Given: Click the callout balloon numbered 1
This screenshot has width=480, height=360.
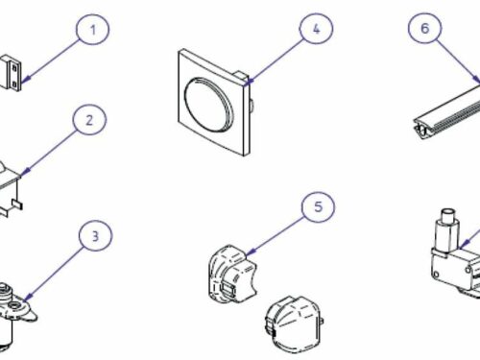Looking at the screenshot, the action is pos(93,30).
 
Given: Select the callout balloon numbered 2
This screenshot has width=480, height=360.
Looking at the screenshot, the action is pos(89,120).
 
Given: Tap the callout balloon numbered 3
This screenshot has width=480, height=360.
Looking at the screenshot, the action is pos(96,236).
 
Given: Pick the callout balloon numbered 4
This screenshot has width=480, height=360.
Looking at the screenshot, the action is pos(316,29).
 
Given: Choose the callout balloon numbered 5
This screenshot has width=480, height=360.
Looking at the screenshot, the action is pos(318,206).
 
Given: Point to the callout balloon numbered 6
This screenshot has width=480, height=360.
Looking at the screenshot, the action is pos(424,28).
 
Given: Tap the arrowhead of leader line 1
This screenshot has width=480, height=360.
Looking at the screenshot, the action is pos(27,79).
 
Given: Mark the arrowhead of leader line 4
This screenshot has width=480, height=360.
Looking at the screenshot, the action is pos(250,82).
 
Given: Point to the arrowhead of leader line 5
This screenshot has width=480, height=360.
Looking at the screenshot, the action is pos(252,252).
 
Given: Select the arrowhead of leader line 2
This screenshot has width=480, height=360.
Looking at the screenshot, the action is pos(26,171).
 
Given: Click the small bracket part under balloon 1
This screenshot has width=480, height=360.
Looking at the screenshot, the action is pos(11,73).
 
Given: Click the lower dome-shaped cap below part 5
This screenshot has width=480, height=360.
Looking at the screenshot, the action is pos(294,324).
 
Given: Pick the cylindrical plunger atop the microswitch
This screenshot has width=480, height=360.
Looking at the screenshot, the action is pos(448,228).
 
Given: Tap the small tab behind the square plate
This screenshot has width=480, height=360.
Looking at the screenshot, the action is pos(242,77).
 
